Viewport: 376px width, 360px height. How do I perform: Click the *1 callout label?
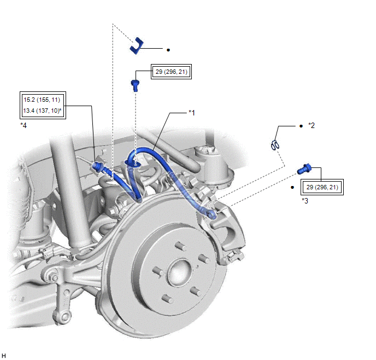tap(192, 113)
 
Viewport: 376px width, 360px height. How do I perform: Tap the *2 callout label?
tap(312, 126)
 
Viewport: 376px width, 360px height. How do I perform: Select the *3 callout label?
tap(305, 201)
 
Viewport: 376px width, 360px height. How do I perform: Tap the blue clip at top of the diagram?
tap(136, 45)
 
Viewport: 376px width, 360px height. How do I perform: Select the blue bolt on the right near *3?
tap(304, 170)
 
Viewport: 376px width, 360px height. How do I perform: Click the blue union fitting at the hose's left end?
tap(98, 165)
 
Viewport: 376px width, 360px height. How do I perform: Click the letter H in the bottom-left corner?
tap(4, 355)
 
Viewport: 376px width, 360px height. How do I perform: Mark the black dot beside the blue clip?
tap(168, 50)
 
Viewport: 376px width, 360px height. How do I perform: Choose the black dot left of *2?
tap(301, 126)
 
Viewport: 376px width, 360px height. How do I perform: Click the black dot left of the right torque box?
tap(293, 188)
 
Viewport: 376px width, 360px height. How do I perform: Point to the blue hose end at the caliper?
tap(211, 214)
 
